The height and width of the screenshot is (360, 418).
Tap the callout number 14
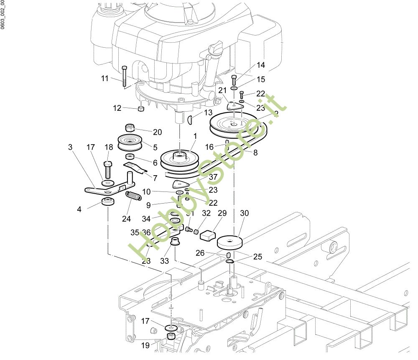[x=261, y=65]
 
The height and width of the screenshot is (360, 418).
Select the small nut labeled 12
[x=141, y=109]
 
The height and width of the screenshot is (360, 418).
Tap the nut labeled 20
[x=129, y=128]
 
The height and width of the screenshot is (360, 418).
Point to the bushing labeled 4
[x=109, y=202]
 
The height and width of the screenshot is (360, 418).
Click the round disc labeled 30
[x=229, y=242]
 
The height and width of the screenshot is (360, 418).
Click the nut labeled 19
[x=171, y=337]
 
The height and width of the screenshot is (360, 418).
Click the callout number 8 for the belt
[x=255, y=153]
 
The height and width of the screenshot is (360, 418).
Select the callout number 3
[x=70, y=147]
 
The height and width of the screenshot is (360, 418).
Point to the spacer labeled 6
[x=130, y=156]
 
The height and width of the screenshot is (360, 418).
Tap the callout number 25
[x=258, y=256]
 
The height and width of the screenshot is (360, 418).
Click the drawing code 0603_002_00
[x=3, y=15]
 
